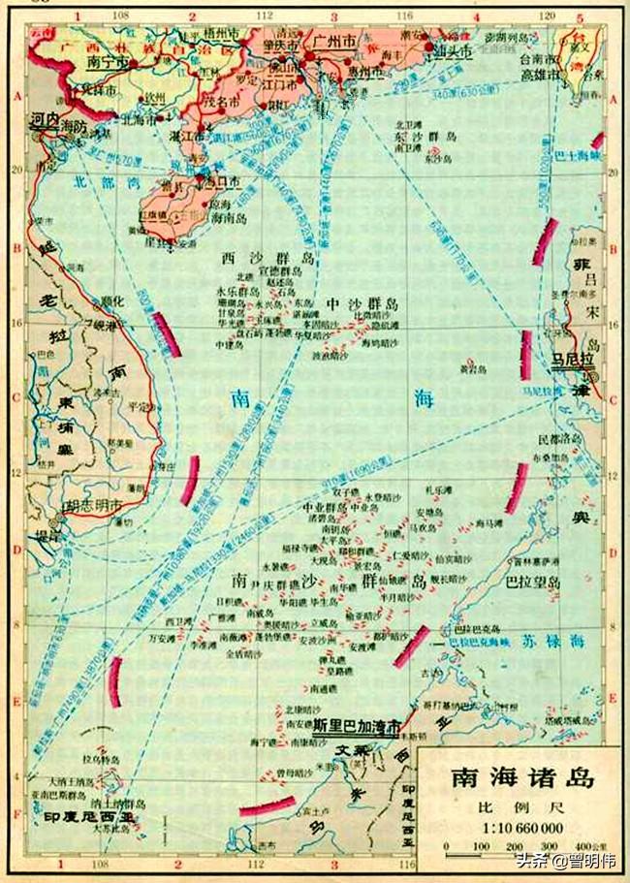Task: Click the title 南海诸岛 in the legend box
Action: click(x=521, y=777)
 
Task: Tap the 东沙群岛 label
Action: click(x=425, y=137)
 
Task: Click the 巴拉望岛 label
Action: click(x=534, y=583)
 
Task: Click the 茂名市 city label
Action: click(x=224, y=97)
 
